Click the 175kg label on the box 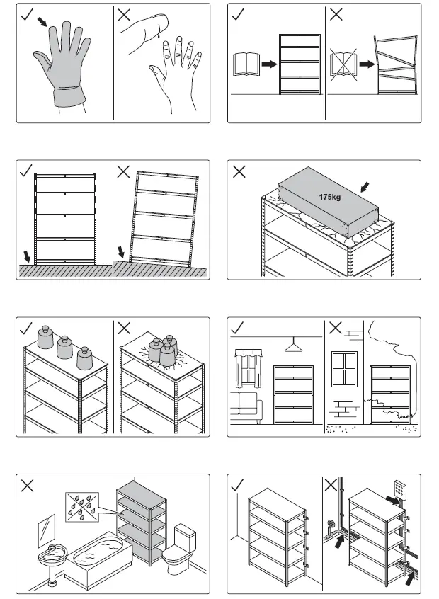coord(330,197)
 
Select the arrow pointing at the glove coord(43,23)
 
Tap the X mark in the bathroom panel coord(27,486)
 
